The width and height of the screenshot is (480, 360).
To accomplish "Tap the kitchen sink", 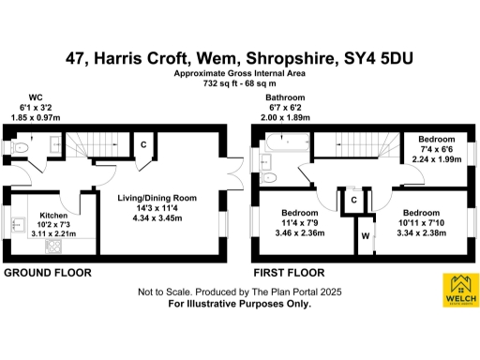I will (19, 225).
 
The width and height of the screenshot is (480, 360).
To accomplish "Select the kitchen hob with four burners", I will (53, 247).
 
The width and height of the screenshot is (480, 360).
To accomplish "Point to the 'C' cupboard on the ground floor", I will (142, 144).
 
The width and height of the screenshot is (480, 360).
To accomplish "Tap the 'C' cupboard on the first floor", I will (353, 199).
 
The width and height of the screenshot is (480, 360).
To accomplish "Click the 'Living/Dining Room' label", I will (157, 198).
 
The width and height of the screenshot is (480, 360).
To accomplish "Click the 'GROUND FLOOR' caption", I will (48, 273).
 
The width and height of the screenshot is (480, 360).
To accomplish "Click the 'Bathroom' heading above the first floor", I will (285, 97).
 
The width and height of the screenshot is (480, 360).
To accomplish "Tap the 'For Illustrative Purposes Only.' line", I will (238, 305).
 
